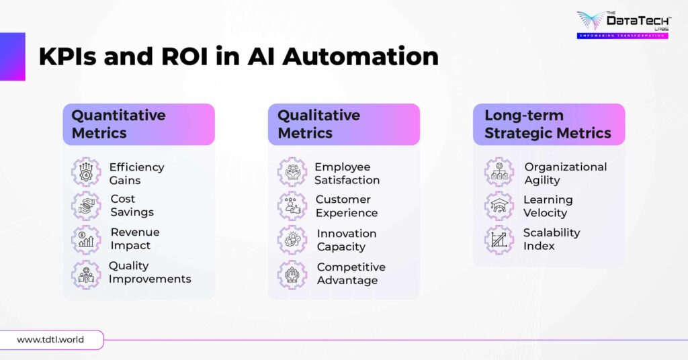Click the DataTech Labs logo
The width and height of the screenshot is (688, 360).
coord(621,25)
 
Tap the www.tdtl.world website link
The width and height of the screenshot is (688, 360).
coord(50,340)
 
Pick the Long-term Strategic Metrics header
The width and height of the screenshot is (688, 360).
coord(548,124)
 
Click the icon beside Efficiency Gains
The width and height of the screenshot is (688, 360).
coord(86,173)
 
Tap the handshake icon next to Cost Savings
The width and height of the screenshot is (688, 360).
coord(86,206)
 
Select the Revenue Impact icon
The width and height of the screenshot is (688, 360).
coord(86,240)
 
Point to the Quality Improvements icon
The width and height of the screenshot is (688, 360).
coord(86,273)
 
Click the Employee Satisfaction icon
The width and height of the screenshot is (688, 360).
coord(292,173)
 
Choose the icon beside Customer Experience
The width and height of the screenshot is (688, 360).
coord(292,206)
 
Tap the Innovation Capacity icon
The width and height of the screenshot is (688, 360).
coord(292,240)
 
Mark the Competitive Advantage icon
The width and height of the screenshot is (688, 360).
coord(292,273)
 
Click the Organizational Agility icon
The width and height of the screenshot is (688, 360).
coord(499,173)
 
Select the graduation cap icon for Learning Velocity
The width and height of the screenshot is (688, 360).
coord(499,206)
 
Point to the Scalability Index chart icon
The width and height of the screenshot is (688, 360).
coord(499,240)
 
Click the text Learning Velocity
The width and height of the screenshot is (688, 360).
coord(548,206)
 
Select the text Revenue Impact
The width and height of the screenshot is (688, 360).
coord(134,239)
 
